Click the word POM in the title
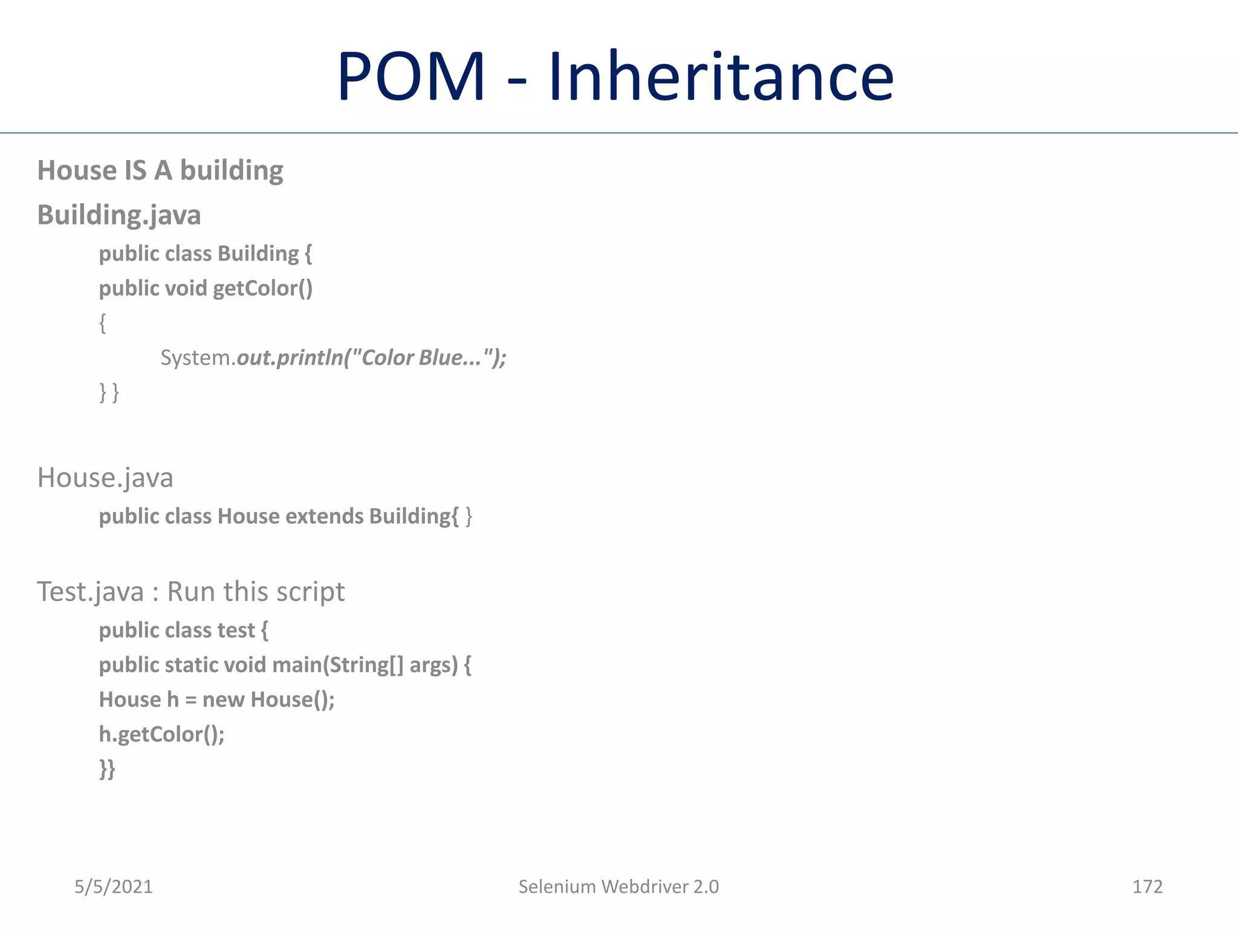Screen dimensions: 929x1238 pos(411,77)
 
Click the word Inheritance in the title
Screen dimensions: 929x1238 pos(721,77)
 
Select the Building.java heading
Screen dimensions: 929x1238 pos(119,215)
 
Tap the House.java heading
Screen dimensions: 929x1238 pos(105,478)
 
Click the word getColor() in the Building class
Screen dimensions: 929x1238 pos(262,288)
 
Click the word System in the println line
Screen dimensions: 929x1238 pos(196,358)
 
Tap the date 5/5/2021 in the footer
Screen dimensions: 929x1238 pos(114,887)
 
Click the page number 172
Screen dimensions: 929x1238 pos(1147,887)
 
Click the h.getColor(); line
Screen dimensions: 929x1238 pos(161,734)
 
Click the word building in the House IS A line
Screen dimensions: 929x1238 pos(232,171)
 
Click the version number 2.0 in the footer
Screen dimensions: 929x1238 pos(705,887)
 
